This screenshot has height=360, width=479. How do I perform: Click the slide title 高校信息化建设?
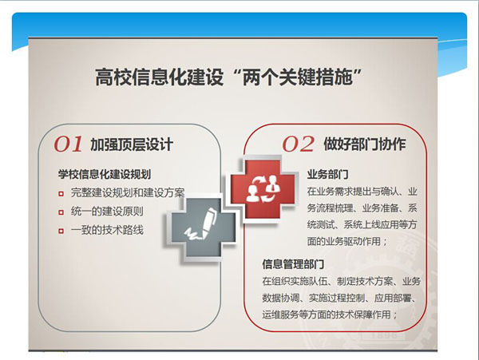tap(159, 77)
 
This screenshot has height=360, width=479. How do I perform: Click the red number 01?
tap(68, 144)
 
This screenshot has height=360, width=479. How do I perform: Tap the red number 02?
tap(298, 144)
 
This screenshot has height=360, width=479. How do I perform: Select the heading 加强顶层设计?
tap(132, 144)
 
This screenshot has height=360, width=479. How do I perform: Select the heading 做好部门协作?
tap(365, 144)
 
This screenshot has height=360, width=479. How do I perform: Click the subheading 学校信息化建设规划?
tap(105, 174)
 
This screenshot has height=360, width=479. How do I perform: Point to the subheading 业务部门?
tap(328, 174)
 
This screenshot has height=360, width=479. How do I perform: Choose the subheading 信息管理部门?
tap(293, 264)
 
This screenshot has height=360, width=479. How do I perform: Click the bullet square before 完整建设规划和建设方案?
tap(61, 194)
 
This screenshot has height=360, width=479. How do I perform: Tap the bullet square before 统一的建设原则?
tap(61, 212)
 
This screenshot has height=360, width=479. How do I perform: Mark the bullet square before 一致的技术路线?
tap(61, 231)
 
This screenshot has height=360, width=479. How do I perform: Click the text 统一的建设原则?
tap(107, 212)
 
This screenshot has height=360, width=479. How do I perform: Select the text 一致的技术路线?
tap(107, 230)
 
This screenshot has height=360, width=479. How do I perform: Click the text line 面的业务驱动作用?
tap(347, 241)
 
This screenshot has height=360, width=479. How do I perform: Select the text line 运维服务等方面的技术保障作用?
tap(330, 315)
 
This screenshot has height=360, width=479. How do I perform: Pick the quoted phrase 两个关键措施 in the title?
tap(297, 77)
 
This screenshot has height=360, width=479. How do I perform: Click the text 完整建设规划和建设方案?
tap(128, 192)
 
